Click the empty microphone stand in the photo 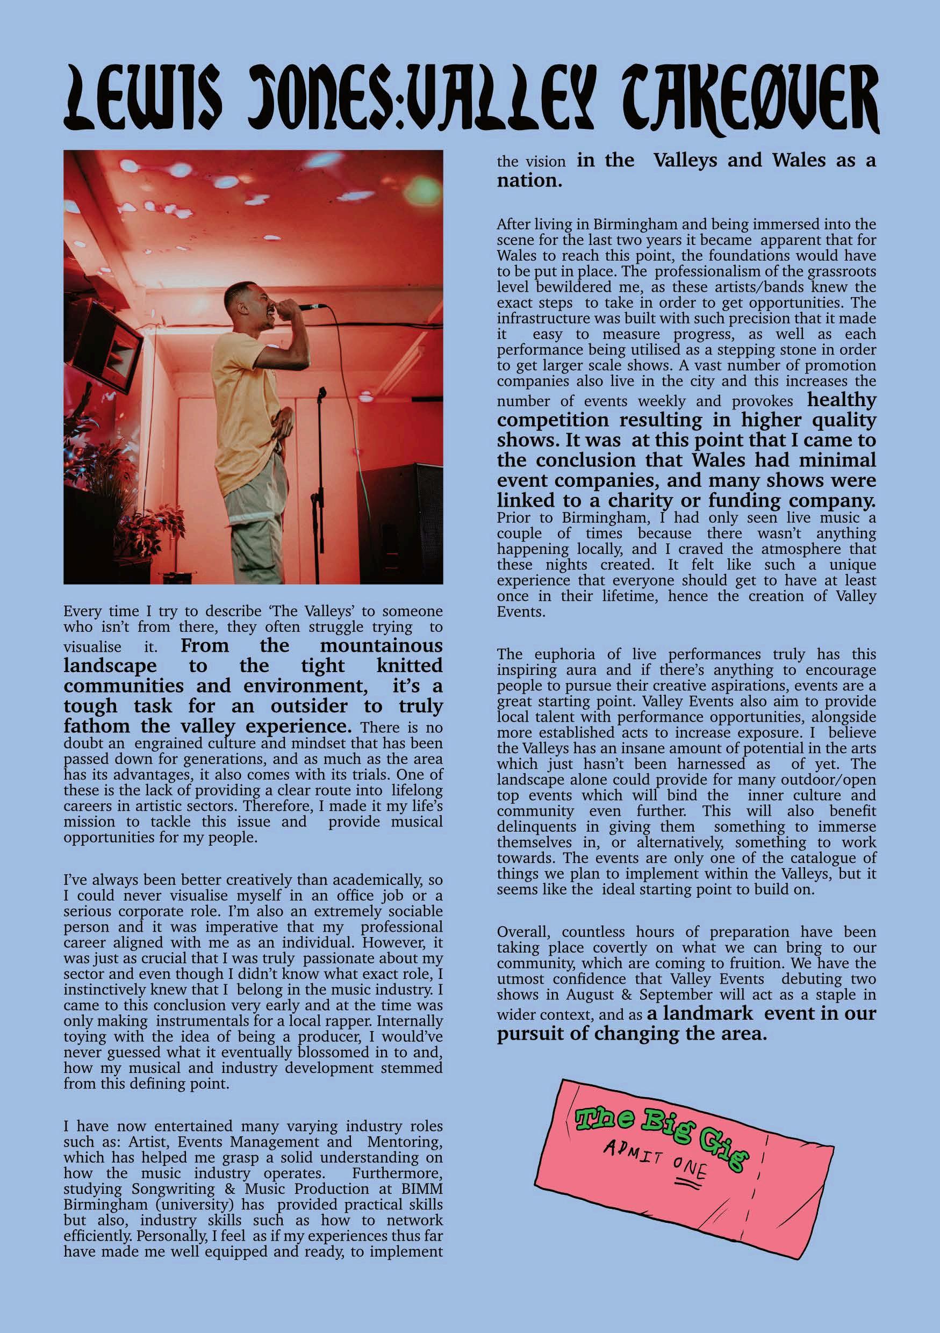tap(320, 464)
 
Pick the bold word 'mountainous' tap(381, 646)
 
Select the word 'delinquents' tap(528, 827)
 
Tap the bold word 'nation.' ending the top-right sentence tap(529, 181)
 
